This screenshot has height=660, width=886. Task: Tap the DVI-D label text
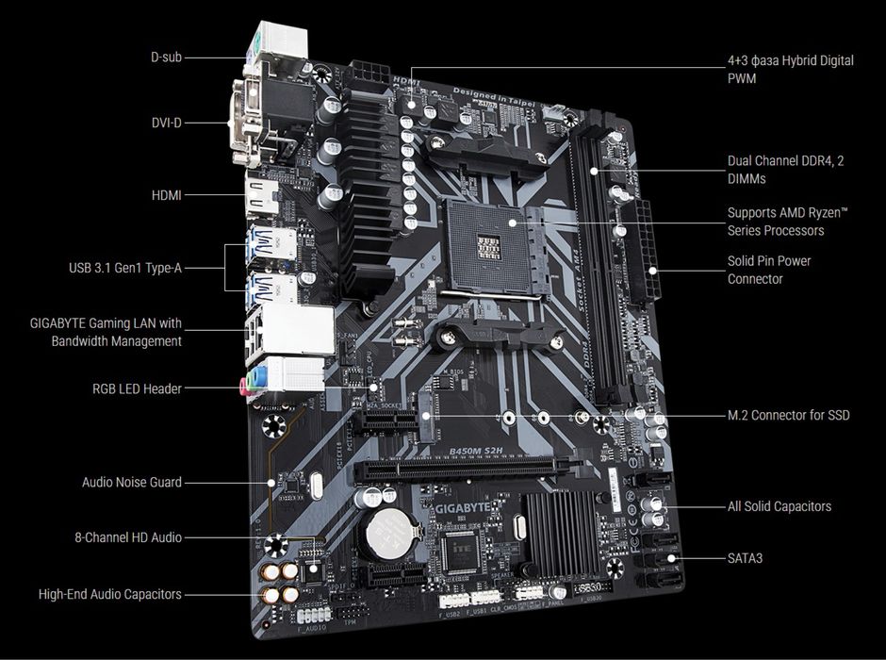click(166, 123)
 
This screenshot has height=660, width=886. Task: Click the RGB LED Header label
click(137, 388)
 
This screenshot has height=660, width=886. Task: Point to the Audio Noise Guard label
click(131, 482)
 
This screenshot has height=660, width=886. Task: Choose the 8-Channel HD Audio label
click(128, 537)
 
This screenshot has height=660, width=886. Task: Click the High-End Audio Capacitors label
click(109, 594)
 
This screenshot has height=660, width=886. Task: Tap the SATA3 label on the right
click(745, 558)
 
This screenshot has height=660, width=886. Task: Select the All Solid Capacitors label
click(779, 506)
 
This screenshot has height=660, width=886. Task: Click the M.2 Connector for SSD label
click(788, 415)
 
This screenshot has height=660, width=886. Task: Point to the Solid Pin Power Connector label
click(768, 270)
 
